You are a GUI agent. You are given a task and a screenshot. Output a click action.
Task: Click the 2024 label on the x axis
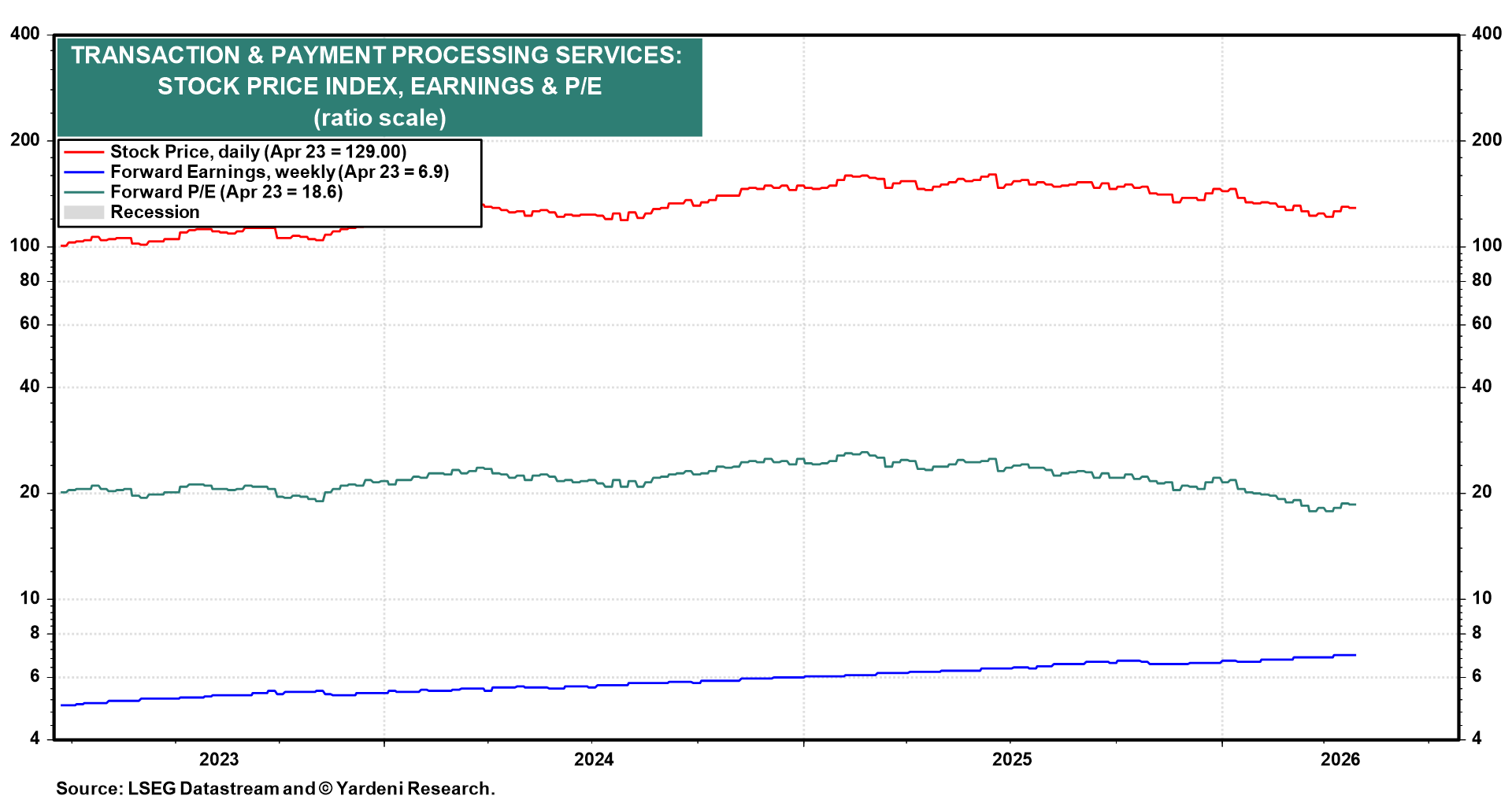tap(593, 759)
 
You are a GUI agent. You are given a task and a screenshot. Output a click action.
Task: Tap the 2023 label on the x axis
tap(219, 759)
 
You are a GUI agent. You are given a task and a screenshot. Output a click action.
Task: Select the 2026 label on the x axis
tap(1340, 759)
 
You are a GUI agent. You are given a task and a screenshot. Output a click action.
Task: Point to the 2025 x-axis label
tap(1012, 759)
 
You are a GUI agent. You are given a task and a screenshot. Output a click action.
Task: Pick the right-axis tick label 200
tap(1486, 140)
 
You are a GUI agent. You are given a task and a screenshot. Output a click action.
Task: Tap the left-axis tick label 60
tap(29, 324)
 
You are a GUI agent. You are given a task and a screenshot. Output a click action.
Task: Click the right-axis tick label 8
tap(1477, 633)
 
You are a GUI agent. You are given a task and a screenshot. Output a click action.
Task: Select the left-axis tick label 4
tap(35, 738)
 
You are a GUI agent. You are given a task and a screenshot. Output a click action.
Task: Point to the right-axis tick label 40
tap(1481, 387)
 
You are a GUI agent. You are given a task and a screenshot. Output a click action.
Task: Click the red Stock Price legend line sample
tap(83, 152)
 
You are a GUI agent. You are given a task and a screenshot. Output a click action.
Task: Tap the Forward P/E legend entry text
tap(226, 192)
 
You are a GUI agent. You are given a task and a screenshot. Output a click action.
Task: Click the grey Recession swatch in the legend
tap(83, 213)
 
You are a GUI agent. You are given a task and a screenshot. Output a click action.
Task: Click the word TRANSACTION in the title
tap(155, 55)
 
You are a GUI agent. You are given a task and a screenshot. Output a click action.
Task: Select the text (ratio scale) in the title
tap(380, 118)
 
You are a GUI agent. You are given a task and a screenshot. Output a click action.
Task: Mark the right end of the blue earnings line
tap(1355, 655)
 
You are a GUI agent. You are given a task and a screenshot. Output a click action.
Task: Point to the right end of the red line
tap(1355, 208)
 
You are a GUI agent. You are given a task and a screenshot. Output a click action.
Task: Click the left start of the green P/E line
tap(62, 492)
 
